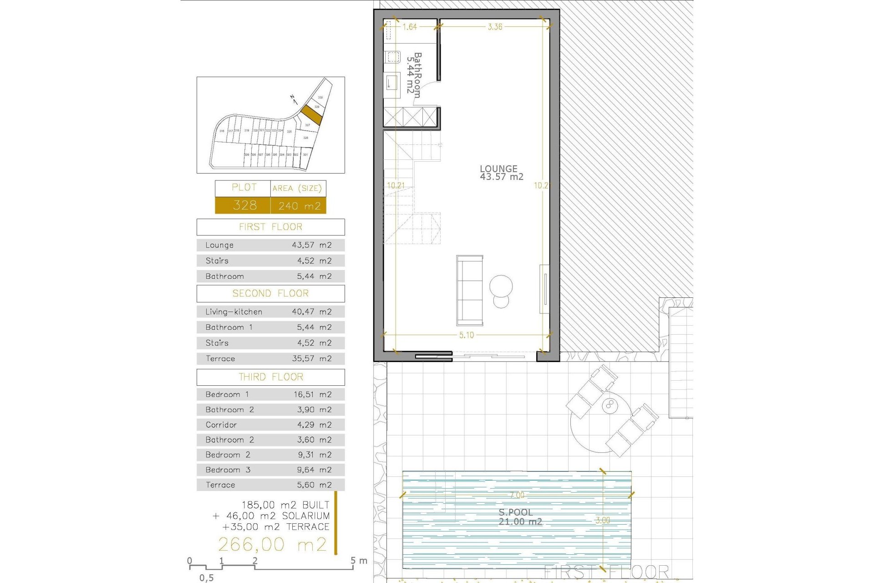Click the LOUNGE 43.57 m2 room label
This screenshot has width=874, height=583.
click(x=501, y=173)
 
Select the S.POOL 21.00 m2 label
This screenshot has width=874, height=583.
click(x=519, y=517)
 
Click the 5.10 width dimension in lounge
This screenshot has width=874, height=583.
click(x=466, y=335)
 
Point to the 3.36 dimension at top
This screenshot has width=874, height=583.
click(x=495, y=27)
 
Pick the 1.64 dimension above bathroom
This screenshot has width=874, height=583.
click(x=409, y=27)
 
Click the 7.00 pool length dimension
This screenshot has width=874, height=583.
click(x=517, y=495)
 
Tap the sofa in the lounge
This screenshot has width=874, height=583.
click(x=469, y=290)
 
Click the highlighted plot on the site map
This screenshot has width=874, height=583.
click(x=311, y=115)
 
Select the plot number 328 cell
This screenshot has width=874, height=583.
click(x=244, y=205)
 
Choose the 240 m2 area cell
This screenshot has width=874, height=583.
click(x=299, y=206)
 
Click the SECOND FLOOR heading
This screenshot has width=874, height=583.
click(x=270, y=293)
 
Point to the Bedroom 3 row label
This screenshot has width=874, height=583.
click(x=228, y=470)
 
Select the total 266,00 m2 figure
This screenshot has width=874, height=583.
click(x=272, y=544)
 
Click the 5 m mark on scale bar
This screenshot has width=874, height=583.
click(x=354, y=561)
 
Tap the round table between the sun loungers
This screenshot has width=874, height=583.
click(x=610, y=405)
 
